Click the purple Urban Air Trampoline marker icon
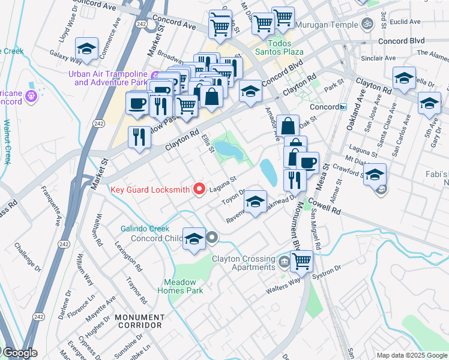click(155, 75)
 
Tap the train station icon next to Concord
click(343, 107)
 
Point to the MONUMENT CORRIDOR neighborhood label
click(138, 321)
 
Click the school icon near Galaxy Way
click(87, 50)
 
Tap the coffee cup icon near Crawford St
click(309, 162)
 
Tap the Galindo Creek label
click(145, 229)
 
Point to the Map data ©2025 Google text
click(412, 355)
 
